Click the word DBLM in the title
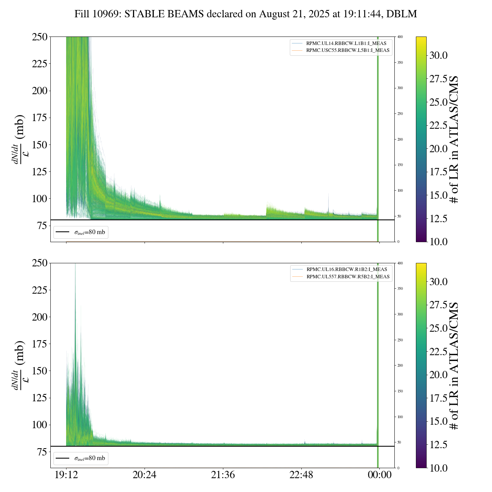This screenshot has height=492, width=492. pyautogui.click(x=402, y=14)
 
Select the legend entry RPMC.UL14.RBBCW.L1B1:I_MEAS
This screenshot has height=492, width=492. pyautogui.click(x=346, y=43)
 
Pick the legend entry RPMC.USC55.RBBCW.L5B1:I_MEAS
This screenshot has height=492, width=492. pyautogui.click(x=347, y=50)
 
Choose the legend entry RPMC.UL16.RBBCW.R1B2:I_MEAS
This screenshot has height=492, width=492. pyautogui.click(x=347, y=269)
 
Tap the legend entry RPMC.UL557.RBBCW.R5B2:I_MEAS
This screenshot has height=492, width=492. pyautogui.click(x=348, y=277)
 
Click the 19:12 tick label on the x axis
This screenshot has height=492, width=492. pyautogui.click(x=66, y=475)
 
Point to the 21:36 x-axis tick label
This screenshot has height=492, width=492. pyautogui.click(x=223, y=475)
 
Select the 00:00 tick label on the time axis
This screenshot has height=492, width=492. pyautogui.click(x=379, y=475)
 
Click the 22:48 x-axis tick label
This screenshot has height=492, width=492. pyautogui.click(x=301, y=475)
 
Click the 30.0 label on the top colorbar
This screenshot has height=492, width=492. pyautogui.click(x=439, y=55)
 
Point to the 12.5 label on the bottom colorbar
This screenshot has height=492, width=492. pyautogui.click(x=439, y=445)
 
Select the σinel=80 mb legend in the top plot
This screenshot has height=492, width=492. pyautogui.click(x=81, y=232)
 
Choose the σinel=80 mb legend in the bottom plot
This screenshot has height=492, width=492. pyautogui.click(x=81, y=458)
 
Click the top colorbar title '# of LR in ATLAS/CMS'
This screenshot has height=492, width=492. pyautogui.click(x=454, y=139)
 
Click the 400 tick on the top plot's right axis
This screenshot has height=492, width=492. pyautogui.click(x=400, y=37)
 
